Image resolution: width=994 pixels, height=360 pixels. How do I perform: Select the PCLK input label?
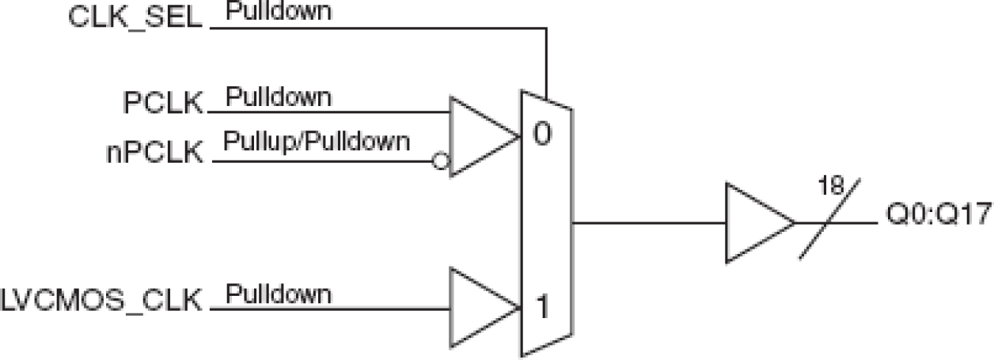[x=163, y=103]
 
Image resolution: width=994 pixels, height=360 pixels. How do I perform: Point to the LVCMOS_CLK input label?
[x=103, y=302]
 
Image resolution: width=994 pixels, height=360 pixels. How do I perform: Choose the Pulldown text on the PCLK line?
[x=279, y=97]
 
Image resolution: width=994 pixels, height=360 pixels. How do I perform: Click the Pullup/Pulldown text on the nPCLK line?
[x=317, y=142]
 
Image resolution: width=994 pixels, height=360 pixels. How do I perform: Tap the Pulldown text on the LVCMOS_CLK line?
[x=279, y=294]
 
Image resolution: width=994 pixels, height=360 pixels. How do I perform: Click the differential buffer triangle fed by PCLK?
[x=479, y=136]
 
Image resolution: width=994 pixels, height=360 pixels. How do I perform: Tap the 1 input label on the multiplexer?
[x=543, y=305]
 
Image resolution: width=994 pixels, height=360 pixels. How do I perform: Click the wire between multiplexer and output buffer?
[x=649, y=222]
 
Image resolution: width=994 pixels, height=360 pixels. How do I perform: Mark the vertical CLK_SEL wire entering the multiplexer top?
[x=546, y=59]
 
